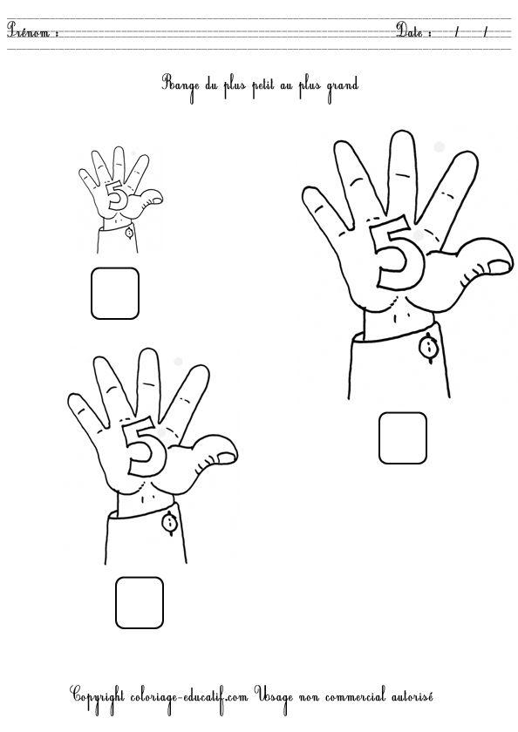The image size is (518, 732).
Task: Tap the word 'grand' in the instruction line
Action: (x=343, y=87)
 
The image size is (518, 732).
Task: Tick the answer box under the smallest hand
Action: (x=115, y=293)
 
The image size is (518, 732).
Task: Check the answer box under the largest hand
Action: (x=403, y=437)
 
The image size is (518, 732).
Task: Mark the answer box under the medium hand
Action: (x=140, y=603)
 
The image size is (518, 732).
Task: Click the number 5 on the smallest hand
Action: (x=116, y=195)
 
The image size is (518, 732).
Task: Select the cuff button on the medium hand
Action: (x=169, y=522)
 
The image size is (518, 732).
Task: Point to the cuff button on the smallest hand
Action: (x=129, y=232)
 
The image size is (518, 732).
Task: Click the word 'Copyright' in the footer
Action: (x=98, y=697)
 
